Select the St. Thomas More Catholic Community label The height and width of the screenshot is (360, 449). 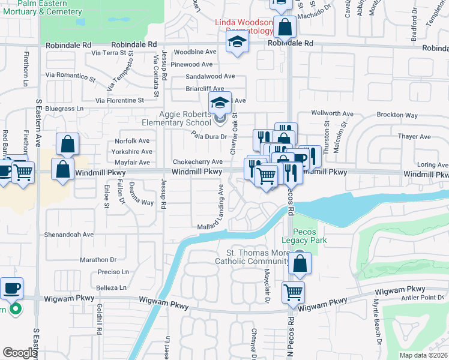coord(258,257)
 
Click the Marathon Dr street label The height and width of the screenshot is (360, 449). coord(97,260)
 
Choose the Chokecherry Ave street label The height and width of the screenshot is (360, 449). coord(197,162)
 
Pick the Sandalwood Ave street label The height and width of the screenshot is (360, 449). coord(210,77)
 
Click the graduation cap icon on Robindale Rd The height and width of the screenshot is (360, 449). coord(238,43)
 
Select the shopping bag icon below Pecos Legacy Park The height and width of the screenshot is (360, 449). coord(300,262)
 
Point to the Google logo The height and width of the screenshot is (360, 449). coord(20,353)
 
